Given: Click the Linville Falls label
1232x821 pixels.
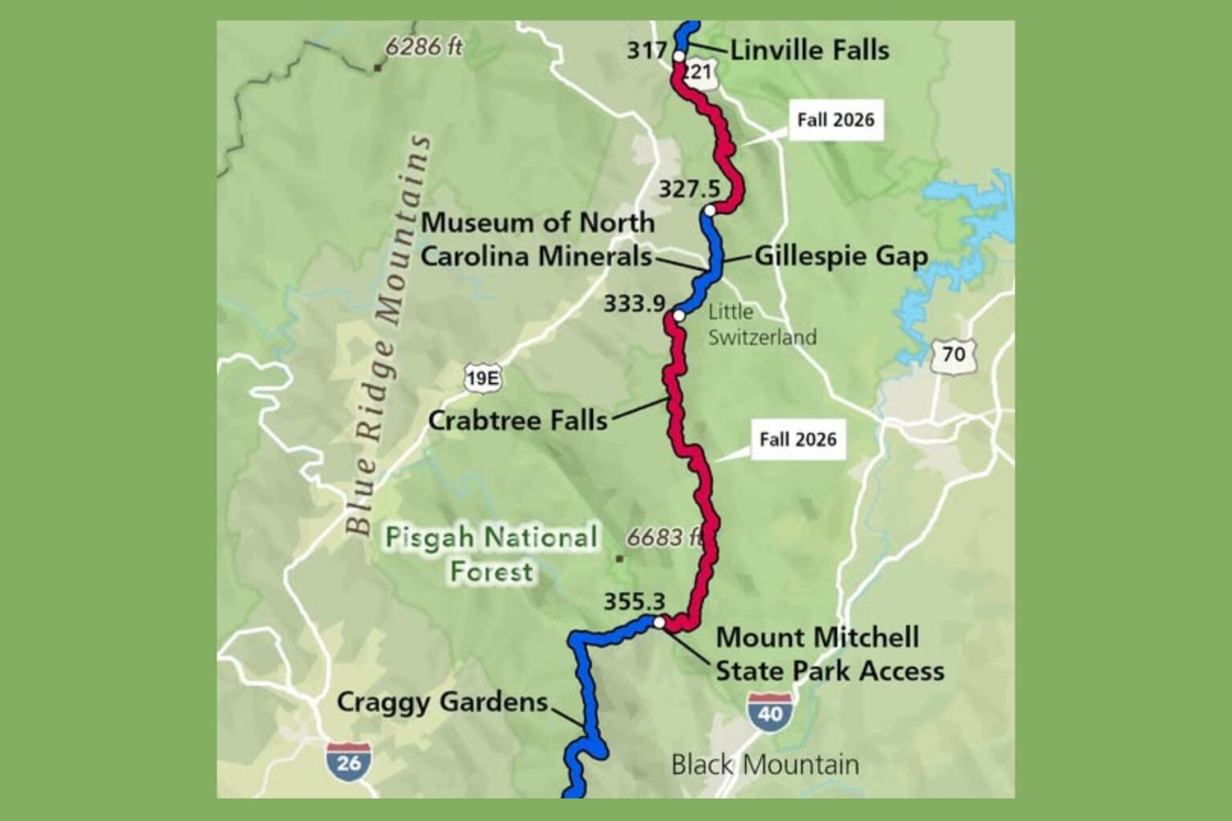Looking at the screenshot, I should [808, 51].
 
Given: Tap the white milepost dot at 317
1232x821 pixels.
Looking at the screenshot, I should [679, 56].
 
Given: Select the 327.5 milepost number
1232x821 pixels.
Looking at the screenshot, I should [689, 189].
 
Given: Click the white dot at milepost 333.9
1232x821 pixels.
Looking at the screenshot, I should [679, 315].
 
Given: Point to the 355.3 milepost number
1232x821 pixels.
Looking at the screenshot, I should [634, 601].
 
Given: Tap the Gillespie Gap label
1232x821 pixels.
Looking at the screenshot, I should [841, 257].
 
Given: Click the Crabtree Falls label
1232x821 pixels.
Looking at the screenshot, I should [517, 420].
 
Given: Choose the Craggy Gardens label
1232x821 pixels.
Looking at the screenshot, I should [442, 702].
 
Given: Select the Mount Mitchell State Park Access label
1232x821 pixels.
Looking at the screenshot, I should [829, 654].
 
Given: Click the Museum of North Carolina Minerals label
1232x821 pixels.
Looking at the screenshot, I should [537, 240].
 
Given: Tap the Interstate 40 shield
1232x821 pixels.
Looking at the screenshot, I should [770, 710].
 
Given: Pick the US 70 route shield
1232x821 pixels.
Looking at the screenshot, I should [953, 354].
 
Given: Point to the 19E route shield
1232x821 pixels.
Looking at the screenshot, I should [482, 378].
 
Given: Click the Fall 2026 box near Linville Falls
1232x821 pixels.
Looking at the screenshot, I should [835, 120].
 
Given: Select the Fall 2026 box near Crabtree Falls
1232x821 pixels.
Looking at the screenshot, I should [797, 439].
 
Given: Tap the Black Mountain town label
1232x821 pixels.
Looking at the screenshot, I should [764, 765].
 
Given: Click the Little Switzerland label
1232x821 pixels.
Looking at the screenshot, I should [762, 325].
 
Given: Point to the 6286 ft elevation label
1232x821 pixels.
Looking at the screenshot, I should [423, 47].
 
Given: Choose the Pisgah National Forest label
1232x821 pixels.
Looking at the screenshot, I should [492, 554].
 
